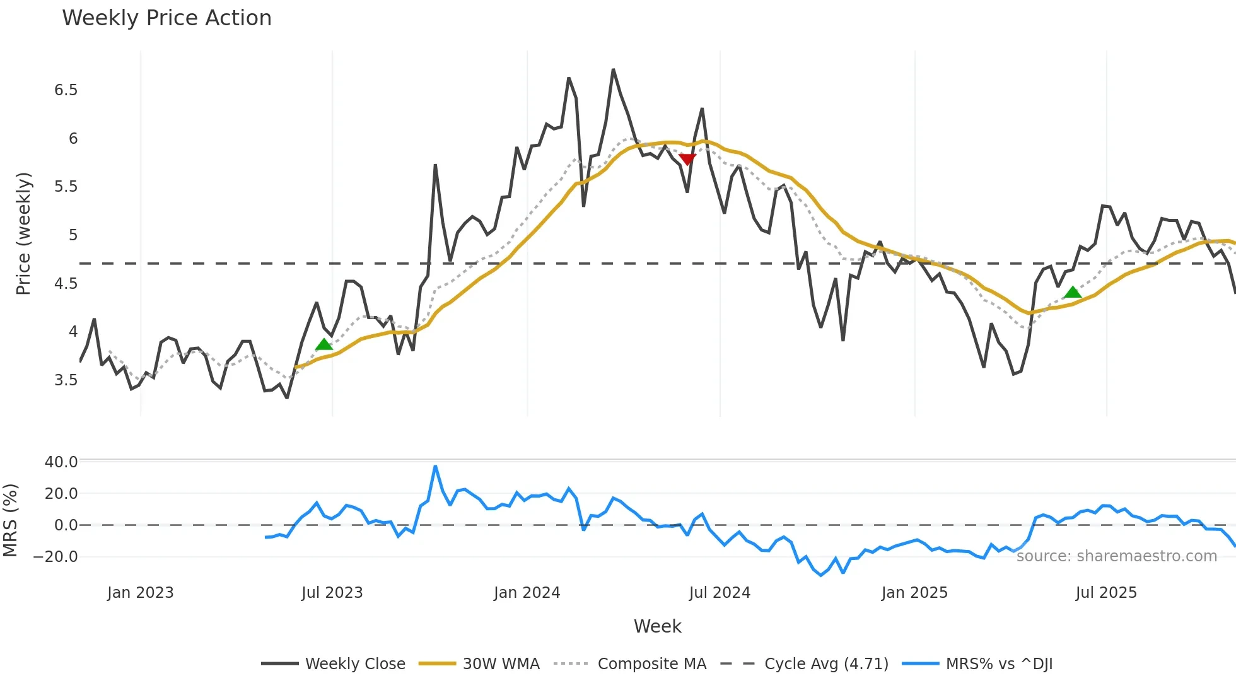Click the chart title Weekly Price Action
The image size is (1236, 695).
point(166,18)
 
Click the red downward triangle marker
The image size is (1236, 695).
point(687,159)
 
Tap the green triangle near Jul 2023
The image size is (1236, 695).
point(324,344)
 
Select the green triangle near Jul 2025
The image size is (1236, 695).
point(1073,292)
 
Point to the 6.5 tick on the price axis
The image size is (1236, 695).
point(66,90)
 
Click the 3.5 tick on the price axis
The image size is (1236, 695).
point(66,380)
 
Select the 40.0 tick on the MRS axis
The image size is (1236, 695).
point(61,462)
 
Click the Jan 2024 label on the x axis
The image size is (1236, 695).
point(527,593)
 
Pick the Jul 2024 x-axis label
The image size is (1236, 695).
point(720,593)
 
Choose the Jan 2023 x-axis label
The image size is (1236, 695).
point(140,593)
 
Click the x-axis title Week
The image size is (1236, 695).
point(657,626)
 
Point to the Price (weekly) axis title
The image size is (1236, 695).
point(23,233)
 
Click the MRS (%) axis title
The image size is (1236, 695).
point(11,520)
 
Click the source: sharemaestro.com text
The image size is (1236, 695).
point(1116,556)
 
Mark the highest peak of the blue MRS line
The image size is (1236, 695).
point(435,467)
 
